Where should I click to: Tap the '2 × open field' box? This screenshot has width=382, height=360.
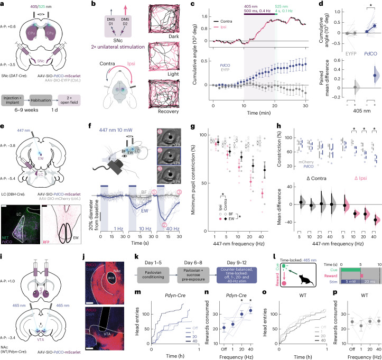pyautogui.click(x=78, y=100)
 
